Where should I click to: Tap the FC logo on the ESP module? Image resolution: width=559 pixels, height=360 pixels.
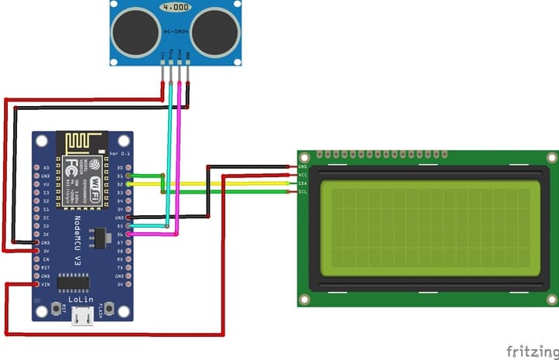(71, 167)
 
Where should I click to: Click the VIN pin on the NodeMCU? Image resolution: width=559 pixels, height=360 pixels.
(37, 284)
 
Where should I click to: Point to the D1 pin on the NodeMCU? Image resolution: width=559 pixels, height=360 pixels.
(129, 176)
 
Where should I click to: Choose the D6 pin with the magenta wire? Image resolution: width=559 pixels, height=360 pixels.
(129, 233)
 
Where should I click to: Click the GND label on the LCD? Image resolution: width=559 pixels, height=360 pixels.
(303, 166)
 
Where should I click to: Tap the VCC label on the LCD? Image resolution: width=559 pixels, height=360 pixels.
(303, 174)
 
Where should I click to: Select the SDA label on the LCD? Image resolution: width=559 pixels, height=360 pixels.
(303, 183)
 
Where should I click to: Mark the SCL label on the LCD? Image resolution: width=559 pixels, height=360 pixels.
(303, 191)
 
